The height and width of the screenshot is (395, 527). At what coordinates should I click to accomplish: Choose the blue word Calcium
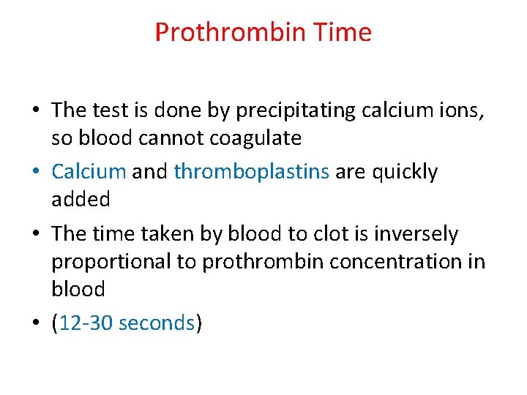click(89, 172)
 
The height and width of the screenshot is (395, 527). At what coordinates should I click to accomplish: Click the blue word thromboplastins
click(252, 173)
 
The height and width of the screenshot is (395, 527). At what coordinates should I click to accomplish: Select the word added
click(81, 199)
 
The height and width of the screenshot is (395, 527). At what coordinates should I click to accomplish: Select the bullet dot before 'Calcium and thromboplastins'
click(37, 173)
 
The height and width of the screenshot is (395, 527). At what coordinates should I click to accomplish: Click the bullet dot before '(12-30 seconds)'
click(37, 323)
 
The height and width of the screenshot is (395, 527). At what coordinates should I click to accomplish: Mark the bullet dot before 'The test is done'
click(37, 110)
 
